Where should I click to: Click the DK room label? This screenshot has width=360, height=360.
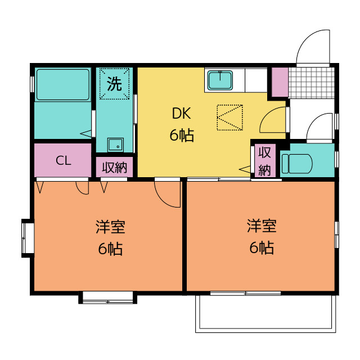(x=181, y=113)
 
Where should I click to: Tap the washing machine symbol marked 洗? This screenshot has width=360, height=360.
(x=114, y=84)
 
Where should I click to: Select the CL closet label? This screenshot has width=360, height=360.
(x=64, y=160)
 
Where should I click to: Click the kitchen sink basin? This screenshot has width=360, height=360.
(x=220, y=80)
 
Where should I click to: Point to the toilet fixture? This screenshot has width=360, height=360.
(x=297, y=164)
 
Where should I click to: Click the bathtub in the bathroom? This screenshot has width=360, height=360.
(x=62, y=85)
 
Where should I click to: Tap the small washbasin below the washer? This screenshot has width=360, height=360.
(x=116, y=145)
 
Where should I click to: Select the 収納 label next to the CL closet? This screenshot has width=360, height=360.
(x=114, y=168)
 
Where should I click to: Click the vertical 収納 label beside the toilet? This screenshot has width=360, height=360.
(x=264, y=161)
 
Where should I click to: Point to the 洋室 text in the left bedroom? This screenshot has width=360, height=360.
(x=110, y=227)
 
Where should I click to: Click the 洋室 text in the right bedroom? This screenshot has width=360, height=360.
(x=262, y=226)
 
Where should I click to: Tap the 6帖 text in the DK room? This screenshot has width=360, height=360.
(x=182, y=135)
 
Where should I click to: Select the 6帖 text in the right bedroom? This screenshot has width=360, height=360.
(x=262, y=247)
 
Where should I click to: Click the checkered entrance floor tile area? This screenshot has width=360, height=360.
(x=312, y=83)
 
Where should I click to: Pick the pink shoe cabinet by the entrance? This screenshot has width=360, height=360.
(x=280, y=82)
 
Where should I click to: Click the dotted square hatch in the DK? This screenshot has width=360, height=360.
(x=230, y=118)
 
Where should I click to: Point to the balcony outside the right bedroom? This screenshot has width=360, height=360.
(x=265, y=314)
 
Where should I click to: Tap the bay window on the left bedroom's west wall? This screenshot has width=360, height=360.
(x=28, y=238)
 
